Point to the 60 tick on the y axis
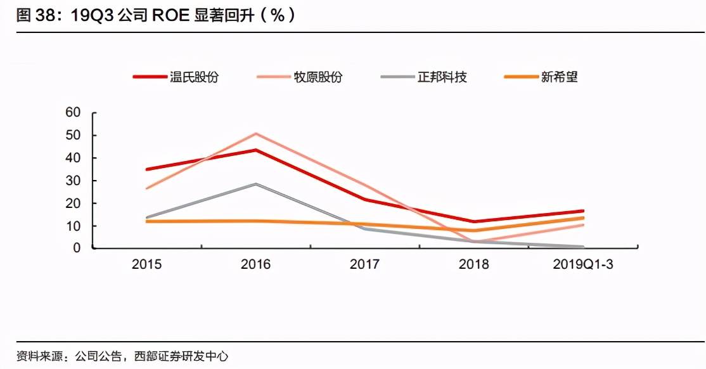click(x=74, y=113)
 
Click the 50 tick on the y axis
click(x=74, y=135)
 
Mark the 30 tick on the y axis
click(x=74, y=181)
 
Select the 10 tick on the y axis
click(x=74, y=226)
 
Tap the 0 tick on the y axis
click(x=77, y=248)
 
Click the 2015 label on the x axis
click(x=146, y=264)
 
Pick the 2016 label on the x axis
click(x=255, y=264)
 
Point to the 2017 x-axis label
click(x=364, y=264)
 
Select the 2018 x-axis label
click(x=473, y=264)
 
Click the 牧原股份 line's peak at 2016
click(x=255, y=133)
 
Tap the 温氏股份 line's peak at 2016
click(x=255, y=150)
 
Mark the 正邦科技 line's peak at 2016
click(x=255, y=184)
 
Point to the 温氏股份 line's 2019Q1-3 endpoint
click(x=582, y=211)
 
